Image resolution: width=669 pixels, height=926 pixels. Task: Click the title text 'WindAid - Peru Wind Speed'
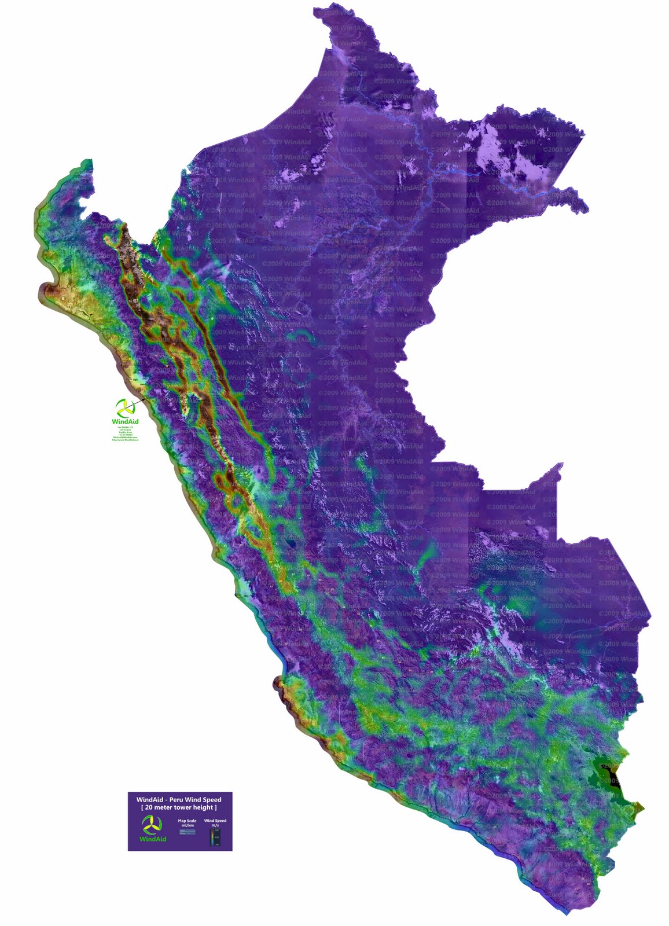point(179,800)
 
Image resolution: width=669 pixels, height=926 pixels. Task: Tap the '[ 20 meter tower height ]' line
point(179,807)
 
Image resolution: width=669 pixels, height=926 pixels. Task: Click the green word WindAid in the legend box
point(153,839)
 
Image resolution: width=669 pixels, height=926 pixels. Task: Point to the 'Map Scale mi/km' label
point(188,823)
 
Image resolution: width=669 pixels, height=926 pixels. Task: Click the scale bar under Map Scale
point(188,832)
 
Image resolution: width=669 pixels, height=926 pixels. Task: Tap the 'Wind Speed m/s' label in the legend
point(215,823)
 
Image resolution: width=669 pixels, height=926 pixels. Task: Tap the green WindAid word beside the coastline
point(126,421)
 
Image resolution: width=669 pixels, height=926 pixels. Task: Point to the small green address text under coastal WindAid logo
point(126,433)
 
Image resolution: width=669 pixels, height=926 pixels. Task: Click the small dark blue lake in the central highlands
point(292,543)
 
